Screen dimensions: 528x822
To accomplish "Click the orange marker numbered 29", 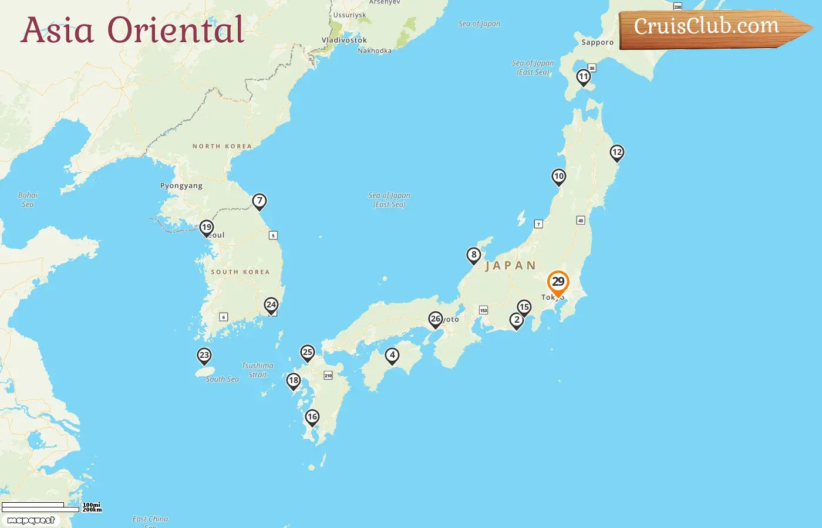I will [x=558, y=282].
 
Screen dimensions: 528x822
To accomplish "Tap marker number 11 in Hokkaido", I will [x=583, y=77].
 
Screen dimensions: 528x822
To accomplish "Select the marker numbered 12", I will [x=616, y=153].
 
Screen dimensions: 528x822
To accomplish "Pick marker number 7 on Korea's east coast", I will [x=260, y=201].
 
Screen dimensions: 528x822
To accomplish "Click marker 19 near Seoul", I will [x=206, y=227].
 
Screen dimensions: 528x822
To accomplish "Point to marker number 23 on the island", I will [x=204, y=355].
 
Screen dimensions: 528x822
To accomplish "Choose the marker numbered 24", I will [x=271, y=304].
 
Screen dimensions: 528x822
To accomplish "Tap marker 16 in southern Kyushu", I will [x=312, y=417].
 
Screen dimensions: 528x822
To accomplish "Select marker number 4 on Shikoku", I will [x=392, y=355].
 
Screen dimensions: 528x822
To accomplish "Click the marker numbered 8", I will [x=474, y=255].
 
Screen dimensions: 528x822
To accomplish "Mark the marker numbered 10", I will [x=558, y=176].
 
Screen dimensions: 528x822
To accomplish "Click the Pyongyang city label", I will [x=181, y=186].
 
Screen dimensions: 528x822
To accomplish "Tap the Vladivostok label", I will [x=344, y=40].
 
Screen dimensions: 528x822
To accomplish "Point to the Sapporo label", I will [x=597, y=42].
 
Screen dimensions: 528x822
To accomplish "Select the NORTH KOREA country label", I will [x=222, y=146].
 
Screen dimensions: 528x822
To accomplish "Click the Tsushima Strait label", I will [x=257, y=370].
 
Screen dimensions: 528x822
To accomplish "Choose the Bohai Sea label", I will [x=28, y=199].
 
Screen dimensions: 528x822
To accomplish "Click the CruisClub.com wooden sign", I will [x=710, y=28].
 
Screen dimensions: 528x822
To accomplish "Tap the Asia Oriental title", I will [x=132, y=31].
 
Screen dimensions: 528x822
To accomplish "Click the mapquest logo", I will [x=31, y=520].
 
